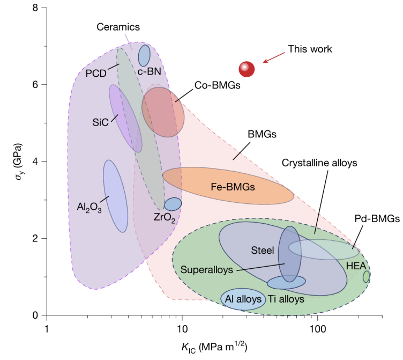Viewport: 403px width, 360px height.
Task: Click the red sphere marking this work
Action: tap(247, 69)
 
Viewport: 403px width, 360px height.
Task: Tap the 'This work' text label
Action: tap(310, 49)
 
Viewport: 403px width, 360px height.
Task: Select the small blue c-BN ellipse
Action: tap(144, 55)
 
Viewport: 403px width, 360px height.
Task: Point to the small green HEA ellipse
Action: tap(366, 276)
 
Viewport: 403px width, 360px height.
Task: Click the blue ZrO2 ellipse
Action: tap(173, 204)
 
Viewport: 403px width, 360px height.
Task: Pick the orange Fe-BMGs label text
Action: tap(232, 187)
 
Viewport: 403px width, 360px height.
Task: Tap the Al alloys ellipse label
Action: tap(243, 299)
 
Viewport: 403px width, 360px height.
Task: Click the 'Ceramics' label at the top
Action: tap(118, 26)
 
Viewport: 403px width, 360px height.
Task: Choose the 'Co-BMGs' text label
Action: tap(217, 84)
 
